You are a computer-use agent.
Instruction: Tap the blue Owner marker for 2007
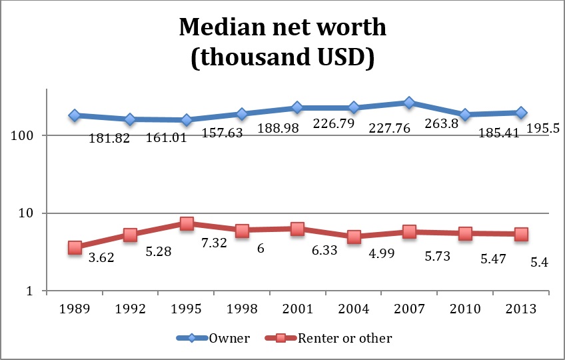pyautogui.click(x=409, y=103)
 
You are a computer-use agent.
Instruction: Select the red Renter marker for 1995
pyautogui.click(x=186, y=223)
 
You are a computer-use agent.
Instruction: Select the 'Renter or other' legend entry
pyautogui.click(x=354, y=338)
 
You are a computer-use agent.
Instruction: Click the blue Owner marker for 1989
pyautogui.click(x=75, y=115)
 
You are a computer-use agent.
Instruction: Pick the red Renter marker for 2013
pyautogui.click(x=521, y=234)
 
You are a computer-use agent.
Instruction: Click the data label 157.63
pyautogui.click(x=223, y=133)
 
